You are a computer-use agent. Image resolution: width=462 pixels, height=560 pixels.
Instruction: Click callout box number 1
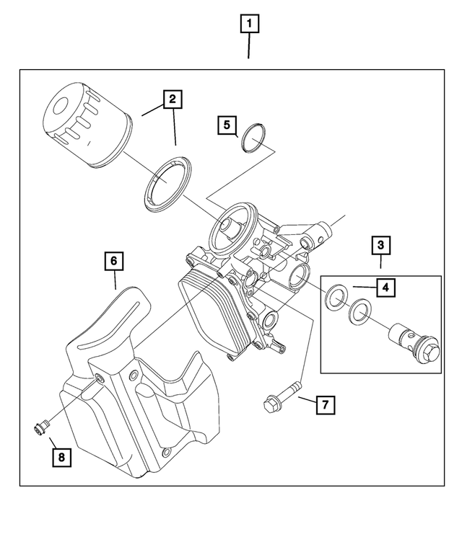point(250,26)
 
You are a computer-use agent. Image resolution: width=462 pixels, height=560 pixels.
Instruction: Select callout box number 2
point(172,99)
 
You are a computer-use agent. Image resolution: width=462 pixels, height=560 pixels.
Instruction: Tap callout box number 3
point(380,245)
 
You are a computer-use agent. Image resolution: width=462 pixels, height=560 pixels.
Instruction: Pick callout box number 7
point(325,405)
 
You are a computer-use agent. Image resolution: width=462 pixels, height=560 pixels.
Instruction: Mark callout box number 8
point(61,456)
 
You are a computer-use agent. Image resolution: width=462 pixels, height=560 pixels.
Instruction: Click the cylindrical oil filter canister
point(86,128)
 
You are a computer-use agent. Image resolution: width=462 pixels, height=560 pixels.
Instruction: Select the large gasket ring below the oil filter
point(167,186)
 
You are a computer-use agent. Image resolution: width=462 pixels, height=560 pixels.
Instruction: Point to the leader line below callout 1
point(250,48)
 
